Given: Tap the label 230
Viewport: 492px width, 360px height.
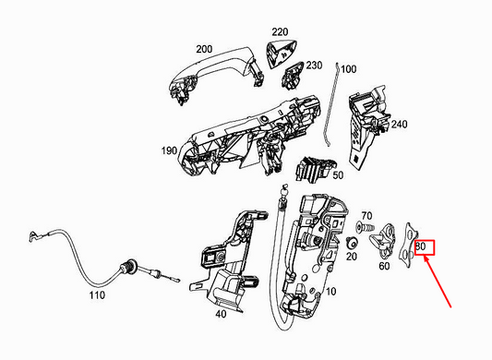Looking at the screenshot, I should tap(315, 66).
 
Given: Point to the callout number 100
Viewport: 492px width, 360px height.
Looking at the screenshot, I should tap(348, 69).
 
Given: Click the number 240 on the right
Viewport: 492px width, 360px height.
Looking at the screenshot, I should tap(399, 125).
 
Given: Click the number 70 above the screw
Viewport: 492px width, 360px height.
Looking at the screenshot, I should tap(366, 215).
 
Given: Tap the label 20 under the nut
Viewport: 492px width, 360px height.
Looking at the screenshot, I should tap(351, 257).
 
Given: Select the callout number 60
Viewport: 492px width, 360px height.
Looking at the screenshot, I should tap(385, 265).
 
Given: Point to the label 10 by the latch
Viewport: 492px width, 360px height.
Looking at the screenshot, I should tap(331, 291).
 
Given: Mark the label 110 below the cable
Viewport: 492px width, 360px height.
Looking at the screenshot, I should tap(97, 298).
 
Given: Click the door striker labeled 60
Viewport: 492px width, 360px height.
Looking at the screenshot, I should tap(378, 244).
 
